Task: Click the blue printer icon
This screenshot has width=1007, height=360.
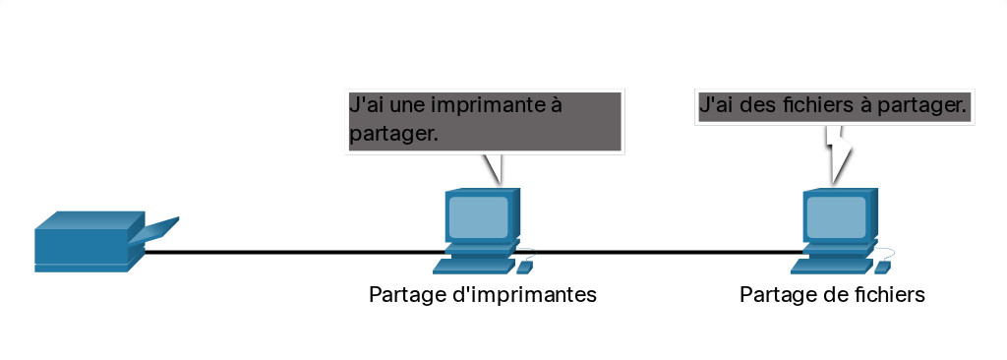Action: (x=96, y=242)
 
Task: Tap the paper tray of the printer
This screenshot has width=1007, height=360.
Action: (x=154, y=231)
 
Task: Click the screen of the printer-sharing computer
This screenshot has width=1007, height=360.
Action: (x=479, y=216)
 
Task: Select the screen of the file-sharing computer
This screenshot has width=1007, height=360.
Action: (x=836, y=216)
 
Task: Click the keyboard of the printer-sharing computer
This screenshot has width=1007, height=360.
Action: (x=474, y=266)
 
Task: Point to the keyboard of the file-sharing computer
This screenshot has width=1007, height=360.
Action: (x=832, y=266)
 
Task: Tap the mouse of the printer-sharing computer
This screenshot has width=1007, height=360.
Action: (x=525, y=267)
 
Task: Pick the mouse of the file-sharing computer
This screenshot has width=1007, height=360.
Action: (x=882, y=267)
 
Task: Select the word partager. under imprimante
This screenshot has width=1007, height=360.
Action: (x=393, y=135)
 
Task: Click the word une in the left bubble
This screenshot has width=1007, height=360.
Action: (x=408, y=105)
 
